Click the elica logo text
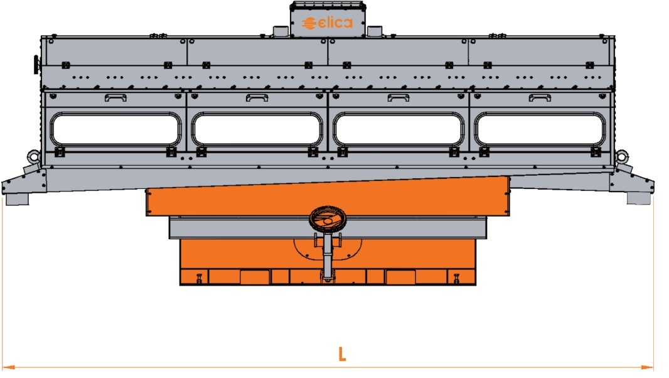pos(328,23)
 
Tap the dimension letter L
pos(342,354)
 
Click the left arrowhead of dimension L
pos(9,367)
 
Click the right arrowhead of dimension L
pos(647,367)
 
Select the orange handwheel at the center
pos(327,219)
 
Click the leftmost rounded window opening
pos(115,129)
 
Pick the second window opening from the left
pos(257,129)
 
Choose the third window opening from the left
pos(399,129)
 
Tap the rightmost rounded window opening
pos(540,129)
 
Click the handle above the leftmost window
pos(115,98)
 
